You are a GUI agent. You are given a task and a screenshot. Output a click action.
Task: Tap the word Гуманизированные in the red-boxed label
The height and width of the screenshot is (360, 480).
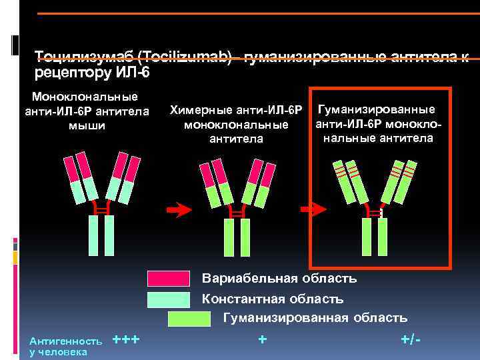(377, 109)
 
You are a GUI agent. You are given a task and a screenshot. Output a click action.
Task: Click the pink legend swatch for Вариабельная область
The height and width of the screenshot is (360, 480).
(169, 278)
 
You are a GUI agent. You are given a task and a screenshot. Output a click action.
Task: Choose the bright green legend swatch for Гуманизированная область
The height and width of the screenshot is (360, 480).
(189, 318)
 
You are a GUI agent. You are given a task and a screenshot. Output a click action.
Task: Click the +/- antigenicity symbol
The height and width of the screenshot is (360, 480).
(411, 340)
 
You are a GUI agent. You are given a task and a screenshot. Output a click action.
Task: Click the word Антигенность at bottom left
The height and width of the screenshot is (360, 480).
(62, 341)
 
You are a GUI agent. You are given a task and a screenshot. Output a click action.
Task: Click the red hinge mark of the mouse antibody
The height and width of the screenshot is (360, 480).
(101, 209)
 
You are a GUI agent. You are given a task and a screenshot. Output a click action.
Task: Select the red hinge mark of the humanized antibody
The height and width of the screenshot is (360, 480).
(375, 212)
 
